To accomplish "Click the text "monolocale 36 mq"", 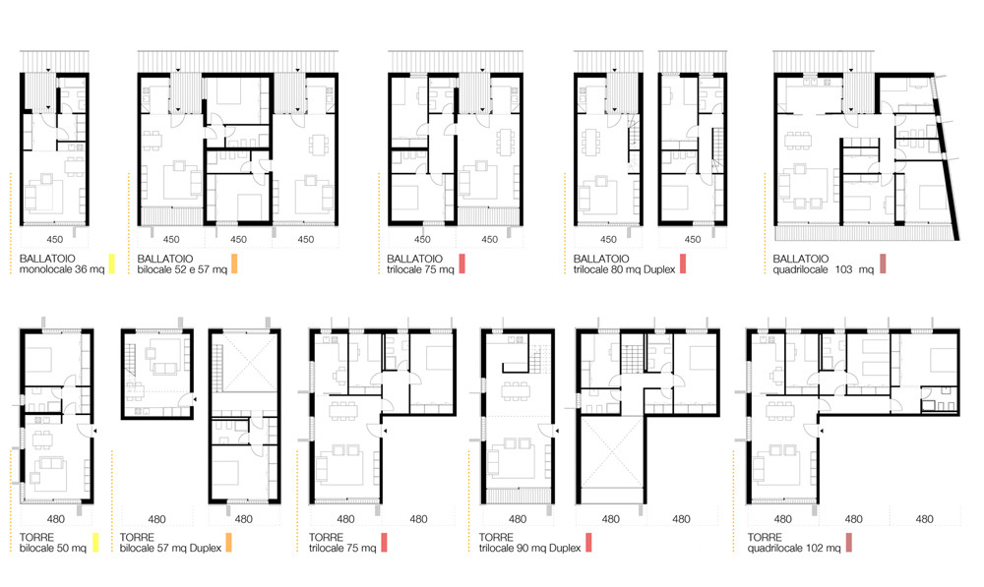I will pyautogui.click(x=61, y=268).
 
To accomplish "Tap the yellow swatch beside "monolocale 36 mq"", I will pyautogui.click(x=112, y=263).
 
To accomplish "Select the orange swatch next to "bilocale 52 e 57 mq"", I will pyautogui.click(x=235, y=263).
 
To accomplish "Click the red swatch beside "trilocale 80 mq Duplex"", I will pyautogui.click(x=681, y=263).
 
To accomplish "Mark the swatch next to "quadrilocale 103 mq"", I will pyautogui.click(x=884, y=263).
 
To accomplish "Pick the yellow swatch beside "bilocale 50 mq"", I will pyautogui.click(x=95, y=542).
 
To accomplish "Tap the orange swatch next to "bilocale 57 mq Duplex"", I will pyautogui.click(x=228, y=542).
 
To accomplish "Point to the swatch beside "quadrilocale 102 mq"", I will pyautogui.click(x=848, y=542).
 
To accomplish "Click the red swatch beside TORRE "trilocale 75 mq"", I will pyautogui.click(x=385, y=542).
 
